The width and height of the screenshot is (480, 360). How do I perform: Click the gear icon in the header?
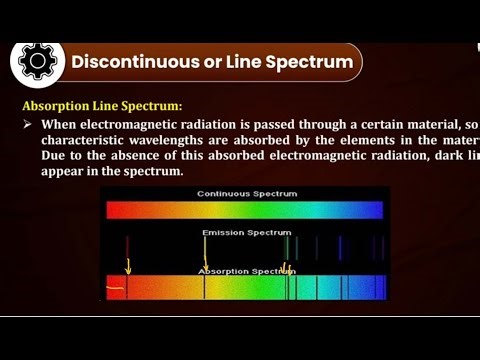coord(38,62)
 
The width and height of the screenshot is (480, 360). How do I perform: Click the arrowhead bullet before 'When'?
coord(28,123)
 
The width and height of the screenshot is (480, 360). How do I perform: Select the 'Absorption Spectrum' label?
coord(242,271)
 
